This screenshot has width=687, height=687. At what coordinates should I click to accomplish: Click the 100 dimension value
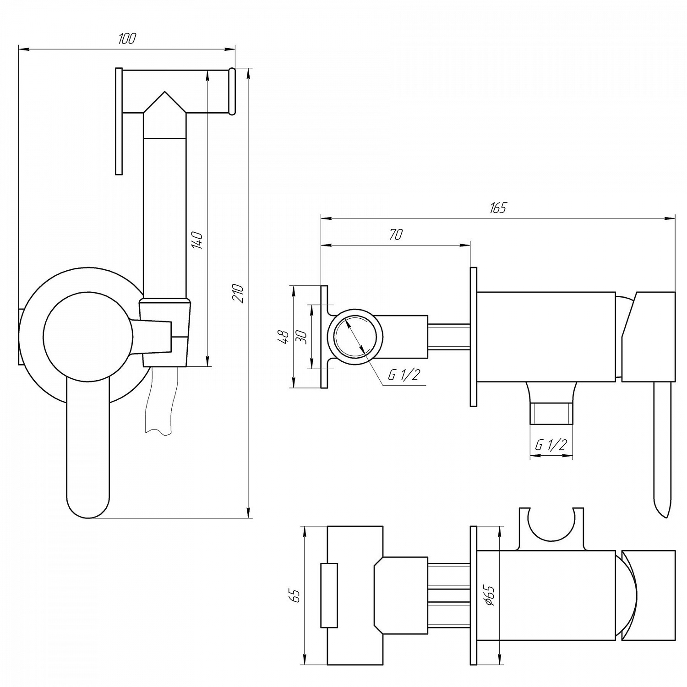tap(127, 38)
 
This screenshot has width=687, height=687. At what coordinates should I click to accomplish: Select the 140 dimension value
tap(197, 240)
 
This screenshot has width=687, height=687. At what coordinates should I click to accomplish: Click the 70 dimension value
tap(396, 234)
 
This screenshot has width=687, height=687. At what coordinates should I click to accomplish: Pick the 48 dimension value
tap(285, 337)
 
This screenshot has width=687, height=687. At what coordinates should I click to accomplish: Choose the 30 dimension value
tap(302, 337)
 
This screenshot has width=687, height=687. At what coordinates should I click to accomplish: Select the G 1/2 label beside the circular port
tap(403, 375)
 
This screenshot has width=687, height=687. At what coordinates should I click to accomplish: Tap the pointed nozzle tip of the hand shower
tap(164, 92)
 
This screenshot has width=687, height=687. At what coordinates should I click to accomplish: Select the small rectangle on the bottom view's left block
tap(329, 595)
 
